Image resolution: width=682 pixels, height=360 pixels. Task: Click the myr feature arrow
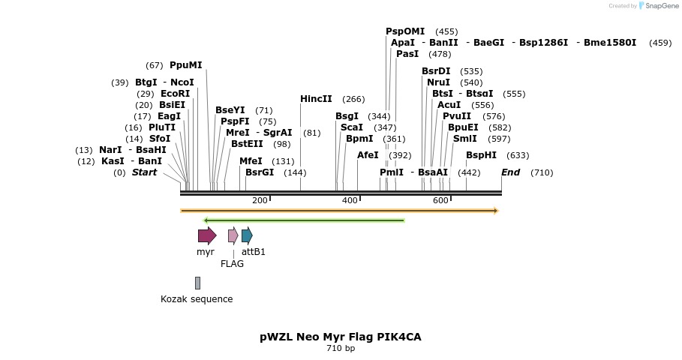pos(207,235)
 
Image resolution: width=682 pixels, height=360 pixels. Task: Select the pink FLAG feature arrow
pos(233,235)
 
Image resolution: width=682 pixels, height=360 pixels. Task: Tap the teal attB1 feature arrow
pos(247,235)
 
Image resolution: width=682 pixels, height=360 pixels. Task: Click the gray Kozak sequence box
pos(197,283)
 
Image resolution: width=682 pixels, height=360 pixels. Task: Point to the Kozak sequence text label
pos(197,299)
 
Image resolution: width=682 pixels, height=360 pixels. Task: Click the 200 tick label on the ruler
pos(260,200)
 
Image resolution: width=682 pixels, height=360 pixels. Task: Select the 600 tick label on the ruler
pos(440,200)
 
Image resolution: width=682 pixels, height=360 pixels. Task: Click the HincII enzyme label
pos(316,99)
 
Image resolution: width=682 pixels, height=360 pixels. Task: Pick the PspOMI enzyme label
pos(405,31)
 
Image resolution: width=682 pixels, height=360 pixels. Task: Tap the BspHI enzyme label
pos(481,155)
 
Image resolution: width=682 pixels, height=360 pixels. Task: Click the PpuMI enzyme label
pos(185,65)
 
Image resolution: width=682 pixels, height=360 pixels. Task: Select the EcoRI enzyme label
pos(175,94)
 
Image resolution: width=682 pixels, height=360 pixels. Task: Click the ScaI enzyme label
pos(352,127)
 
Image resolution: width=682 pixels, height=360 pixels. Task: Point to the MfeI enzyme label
pos(251,161)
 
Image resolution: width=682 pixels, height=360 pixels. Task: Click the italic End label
pos(510,172)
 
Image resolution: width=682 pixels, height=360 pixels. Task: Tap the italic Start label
pos(144,172)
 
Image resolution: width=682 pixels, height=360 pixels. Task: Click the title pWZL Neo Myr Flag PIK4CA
pos(341,337)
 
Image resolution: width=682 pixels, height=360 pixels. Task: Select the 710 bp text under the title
pos(341,349)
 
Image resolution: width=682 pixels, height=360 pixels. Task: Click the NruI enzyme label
pos(438,82)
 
